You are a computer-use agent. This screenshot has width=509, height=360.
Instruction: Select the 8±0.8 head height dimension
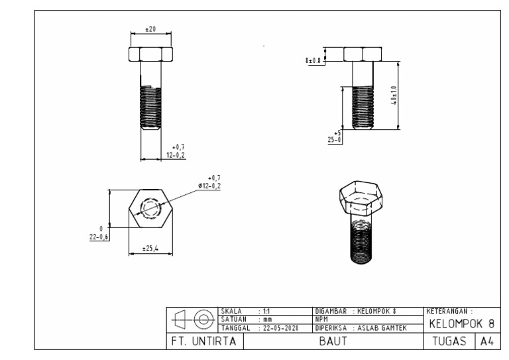(312, 60)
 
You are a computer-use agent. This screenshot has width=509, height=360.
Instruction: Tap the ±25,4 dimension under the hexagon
(150, 249)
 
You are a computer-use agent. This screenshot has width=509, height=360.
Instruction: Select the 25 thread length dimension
(335, 138)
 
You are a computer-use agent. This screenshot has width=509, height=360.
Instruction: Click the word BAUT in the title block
(334, 341)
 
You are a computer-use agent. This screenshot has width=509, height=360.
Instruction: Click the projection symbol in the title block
(192, 320)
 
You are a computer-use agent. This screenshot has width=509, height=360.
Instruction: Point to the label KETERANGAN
(450, 310)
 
